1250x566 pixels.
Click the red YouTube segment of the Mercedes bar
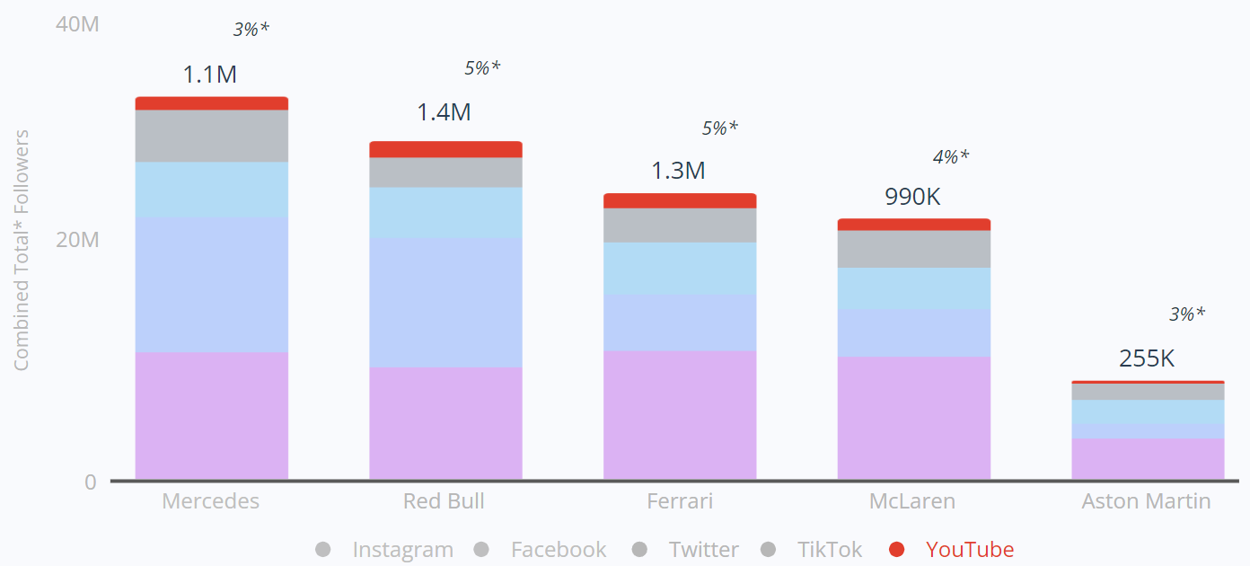211,103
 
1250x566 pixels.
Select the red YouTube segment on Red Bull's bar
445,149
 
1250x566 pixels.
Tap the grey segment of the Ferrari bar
680,226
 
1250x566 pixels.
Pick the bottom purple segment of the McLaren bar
913,418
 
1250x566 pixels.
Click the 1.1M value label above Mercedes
210,75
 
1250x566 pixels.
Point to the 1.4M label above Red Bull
444,112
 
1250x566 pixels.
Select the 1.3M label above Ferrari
678,170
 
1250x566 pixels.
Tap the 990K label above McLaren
912,197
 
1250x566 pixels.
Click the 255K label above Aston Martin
1147,358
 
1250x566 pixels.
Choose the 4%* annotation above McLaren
951,157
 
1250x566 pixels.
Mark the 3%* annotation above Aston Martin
1186,314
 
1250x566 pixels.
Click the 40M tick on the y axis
76,24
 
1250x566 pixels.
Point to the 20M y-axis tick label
76,240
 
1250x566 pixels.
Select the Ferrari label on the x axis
680,501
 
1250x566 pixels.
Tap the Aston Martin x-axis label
1147,501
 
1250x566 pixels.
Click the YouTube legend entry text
970,550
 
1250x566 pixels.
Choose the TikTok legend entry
830,550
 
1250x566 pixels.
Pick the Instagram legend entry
402,550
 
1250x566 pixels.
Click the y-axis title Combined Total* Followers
22,250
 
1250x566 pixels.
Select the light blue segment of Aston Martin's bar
1148,412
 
